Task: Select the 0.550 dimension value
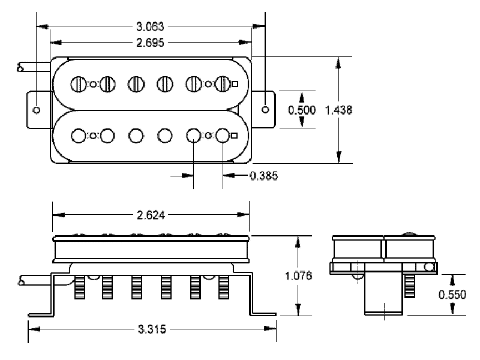(x=450, y=295)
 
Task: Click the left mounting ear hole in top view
(x=37, y=110)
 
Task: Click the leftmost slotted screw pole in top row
(x=79, y=84)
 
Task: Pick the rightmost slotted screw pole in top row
(x=223, y=84)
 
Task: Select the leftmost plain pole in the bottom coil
(x=79, y=136)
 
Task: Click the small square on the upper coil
(x=235, y=84)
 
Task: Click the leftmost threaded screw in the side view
(x=79, y=289)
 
